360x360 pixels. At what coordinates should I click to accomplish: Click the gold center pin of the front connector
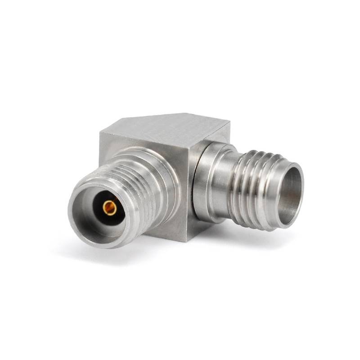(x=109, y=208)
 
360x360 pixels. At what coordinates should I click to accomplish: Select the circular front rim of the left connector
(x=76, y=225)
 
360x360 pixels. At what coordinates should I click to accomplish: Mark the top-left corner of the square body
(x=100, y=131)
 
